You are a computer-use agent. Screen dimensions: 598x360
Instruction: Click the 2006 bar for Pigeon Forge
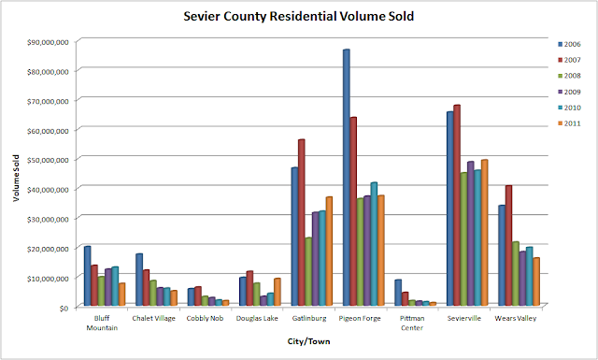click(347, 178)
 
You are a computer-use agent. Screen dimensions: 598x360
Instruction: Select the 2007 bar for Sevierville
click(457, 206)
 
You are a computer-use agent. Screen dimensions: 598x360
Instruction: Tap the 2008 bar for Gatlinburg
click(308, 271)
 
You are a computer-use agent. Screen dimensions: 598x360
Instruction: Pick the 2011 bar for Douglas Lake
click(278, 292)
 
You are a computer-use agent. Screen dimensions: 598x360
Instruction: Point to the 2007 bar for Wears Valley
click(508, 246)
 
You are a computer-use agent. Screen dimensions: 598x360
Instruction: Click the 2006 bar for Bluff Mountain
click(87, 276)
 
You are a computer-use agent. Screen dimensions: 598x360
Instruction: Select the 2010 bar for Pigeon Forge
click(374, 244)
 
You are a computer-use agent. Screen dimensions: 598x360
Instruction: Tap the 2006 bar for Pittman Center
click(398, 293)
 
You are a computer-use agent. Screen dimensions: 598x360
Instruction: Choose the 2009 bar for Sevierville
click(471, 234)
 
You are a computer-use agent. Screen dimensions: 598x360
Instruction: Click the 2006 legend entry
click(569, 44)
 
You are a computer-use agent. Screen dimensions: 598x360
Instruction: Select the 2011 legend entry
click(569, 123)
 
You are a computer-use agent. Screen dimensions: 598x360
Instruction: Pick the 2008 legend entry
click(569, 76)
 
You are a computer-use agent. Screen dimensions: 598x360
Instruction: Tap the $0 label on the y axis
click(64, 308)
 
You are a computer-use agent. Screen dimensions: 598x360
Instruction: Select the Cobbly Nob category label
click(205, 318)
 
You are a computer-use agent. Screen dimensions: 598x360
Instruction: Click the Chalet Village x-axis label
click(153, 318)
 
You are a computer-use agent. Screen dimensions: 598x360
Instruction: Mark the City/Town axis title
click(308, 341)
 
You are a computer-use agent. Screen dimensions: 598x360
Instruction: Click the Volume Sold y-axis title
click(16, 178)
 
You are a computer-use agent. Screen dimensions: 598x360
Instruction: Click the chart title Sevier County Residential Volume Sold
click(299, 17)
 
